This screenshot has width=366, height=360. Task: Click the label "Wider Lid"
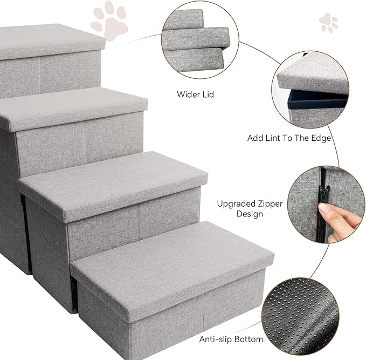point(195,94)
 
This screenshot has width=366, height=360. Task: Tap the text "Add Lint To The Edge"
point(289,138)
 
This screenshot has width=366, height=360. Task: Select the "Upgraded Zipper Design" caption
point(240,209)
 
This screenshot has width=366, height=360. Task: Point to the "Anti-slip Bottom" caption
point(231,339)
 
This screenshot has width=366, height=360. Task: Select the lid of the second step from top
point(72,107)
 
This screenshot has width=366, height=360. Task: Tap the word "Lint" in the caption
point(274,138)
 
